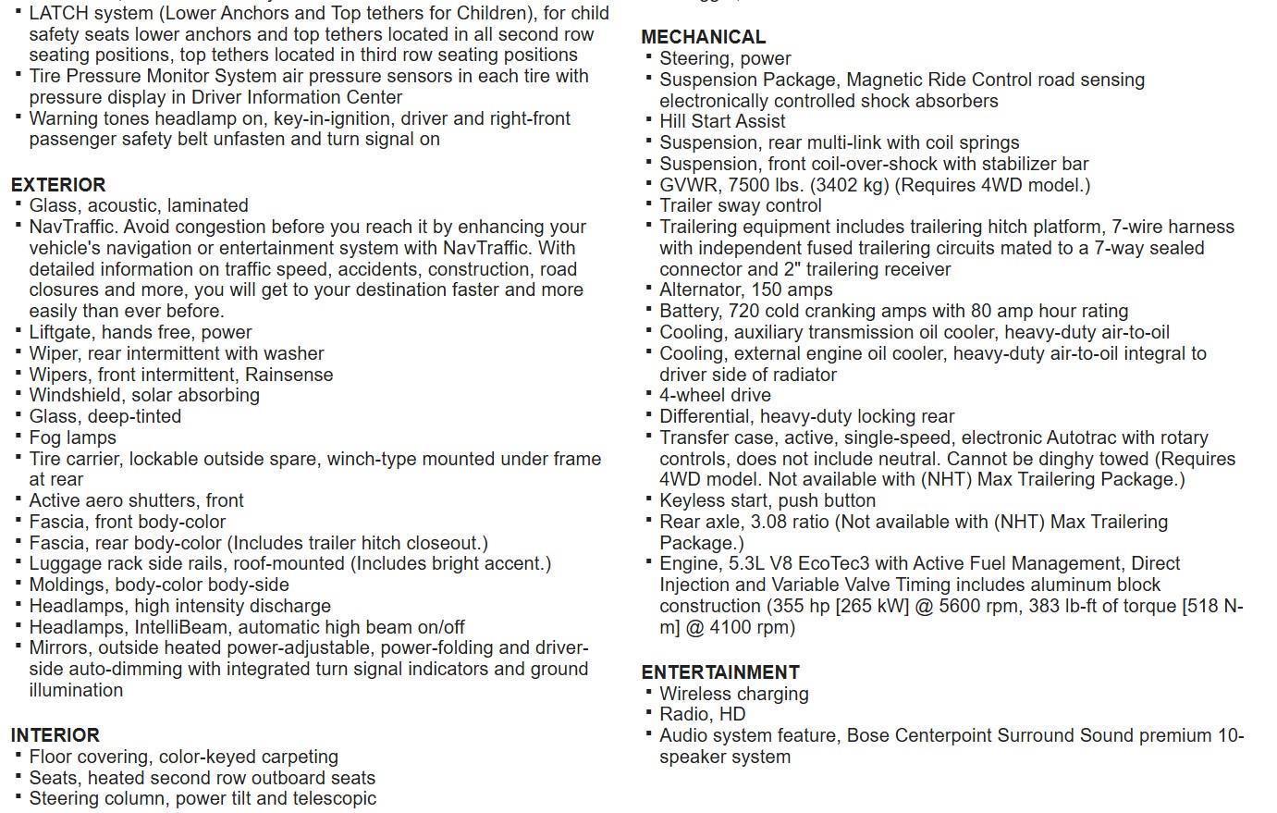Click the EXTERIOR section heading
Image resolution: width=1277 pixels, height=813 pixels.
click(58, 184)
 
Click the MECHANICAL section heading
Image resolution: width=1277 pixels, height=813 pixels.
click(704, 37)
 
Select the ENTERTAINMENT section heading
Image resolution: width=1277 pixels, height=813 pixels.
click(720, 672)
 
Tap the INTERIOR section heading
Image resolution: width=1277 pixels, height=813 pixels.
click(55, 735)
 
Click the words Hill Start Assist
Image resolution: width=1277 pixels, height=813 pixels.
click(722, 121)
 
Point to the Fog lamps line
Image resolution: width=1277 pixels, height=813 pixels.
click(72, 437)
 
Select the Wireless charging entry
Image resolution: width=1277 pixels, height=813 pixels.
click(733, 694)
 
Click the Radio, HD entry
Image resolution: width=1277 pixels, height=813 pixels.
click(702, 714)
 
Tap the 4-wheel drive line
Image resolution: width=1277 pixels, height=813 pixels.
click(715, 395)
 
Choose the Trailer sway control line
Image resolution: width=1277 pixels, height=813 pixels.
click(740, 205)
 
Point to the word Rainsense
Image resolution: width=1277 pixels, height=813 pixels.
click(289, 375)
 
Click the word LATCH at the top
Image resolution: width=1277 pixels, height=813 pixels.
click(58, 14)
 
